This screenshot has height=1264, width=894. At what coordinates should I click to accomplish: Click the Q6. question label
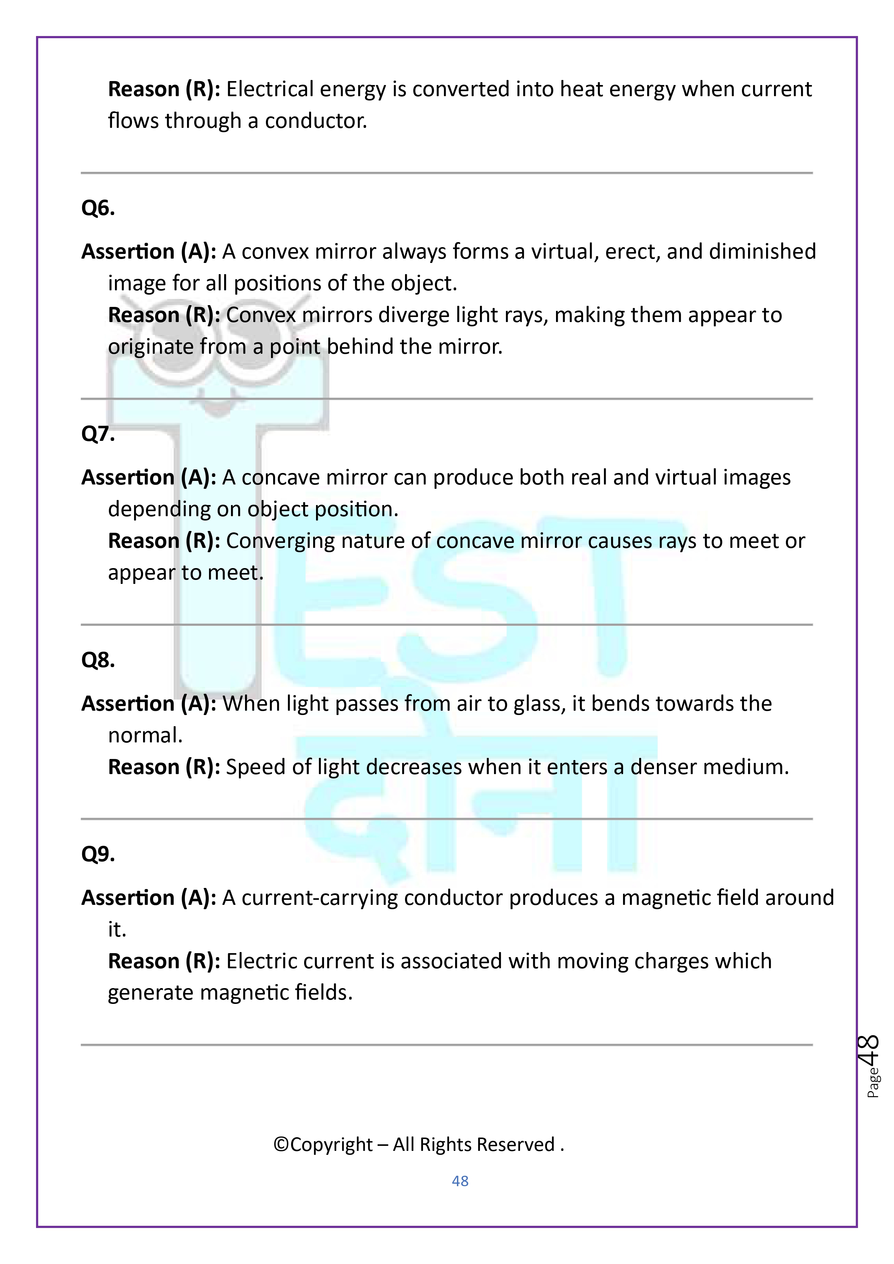(x=98, y=208)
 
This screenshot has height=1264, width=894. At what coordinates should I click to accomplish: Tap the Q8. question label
(x=98, y=660)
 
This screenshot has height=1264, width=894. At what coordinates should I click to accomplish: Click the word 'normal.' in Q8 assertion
(x=145, y=736)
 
